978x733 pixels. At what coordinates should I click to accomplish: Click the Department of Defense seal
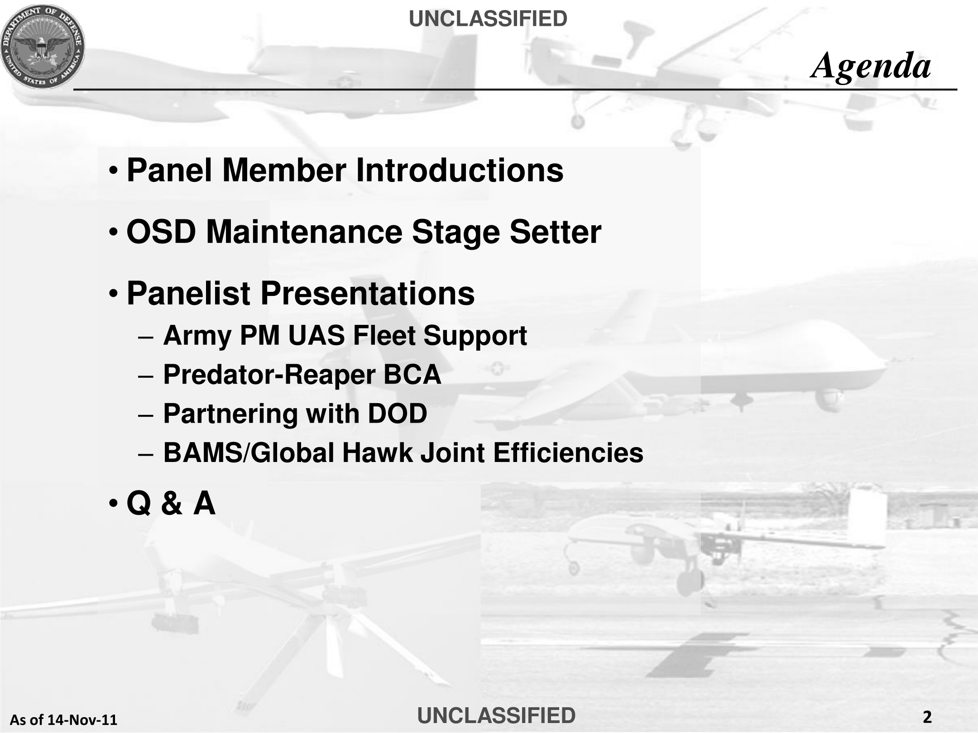tap(43, 47)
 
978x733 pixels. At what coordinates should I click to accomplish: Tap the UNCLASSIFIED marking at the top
tap(488, 19)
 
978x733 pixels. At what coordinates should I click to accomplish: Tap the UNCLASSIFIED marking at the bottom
tap(496, 715)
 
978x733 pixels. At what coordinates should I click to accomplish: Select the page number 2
tap(927, 717)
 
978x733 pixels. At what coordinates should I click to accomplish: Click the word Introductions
tap(460, 171)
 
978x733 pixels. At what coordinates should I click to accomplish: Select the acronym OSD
tap(161, 232)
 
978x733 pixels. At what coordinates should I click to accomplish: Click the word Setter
tap(556, 232)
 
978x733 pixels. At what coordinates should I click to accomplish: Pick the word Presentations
tap(368, 294)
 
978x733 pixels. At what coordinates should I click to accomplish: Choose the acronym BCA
tap(412, 375)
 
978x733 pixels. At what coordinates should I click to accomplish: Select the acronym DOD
tap(397, 414)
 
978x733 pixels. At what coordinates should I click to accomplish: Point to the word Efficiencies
tap(568, 453)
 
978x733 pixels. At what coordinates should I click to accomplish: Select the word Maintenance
tap(304, 232)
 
